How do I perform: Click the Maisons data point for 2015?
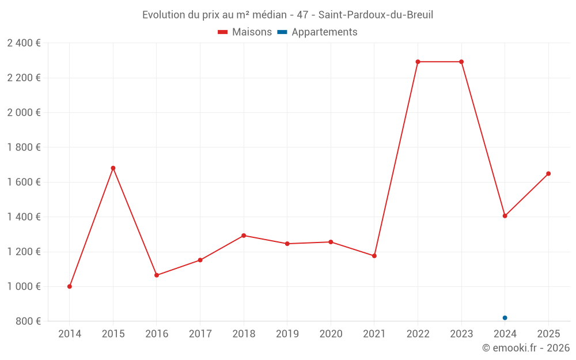[x=113, y=168]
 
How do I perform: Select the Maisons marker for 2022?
[x=418, y=62]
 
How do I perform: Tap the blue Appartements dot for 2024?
[x=505, y=318]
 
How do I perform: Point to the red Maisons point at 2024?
[x=505, y=216]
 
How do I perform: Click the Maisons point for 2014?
[x=70, y=286]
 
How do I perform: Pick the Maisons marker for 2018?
[x=244, y=236]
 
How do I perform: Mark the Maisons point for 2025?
[x=548, y=173]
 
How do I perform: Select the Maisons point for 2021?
[x=374, y=256]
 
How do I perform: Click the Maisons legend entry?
[x=245, y=32]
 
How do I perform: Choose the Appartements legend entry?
[x=317, y=32]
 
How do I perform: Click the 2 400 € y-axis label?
[x=24, y=43]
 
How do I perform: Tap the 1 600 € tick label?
[x=24, y=182]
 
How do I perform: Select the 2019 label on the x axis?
[x=287, y=334]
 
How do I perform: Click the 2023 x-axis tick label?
[x=461, y=334]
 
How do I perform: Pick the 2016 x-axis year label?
[x=157, y=334]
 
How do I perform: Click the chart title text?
[x=287, y=15]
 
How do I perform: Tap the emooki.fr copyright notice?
[x=526, y=348]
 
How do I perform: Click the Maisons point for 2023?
[x=461, y=62]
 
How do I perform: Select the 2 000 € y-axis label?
[x=24, y=112]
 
